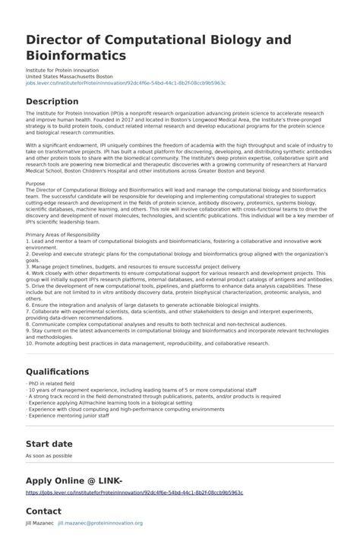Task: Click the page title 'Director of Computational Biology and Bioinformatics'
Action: tap(147, 46)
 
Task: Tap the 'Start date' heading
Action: tap(49, 443)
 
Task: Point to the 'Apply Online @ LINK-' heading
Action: tap(74, 480)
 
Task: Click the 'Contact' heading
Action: tap(43, 511)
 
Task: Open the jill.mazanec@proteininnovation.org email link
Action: tap(100, 524)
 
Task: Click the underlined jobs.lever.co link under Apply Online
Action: tap(134, 492)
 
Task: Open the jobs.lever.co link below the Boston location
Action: tap(125, 83)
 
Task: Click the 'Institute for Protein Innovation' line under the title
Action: tap(62, 71)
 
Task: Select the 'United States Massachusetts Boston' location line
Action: tap(69, 77)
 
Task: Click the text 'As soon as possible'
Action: tap(49, 456)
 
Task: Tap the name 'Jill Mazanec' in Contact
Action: tap(39, 524)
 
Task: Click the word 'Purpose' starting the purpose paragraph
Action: tap(36, 183)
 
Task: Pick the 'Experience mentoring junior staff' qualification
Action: tap(68, 416)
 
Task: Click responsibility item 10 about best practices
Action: tap(147, 343)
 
